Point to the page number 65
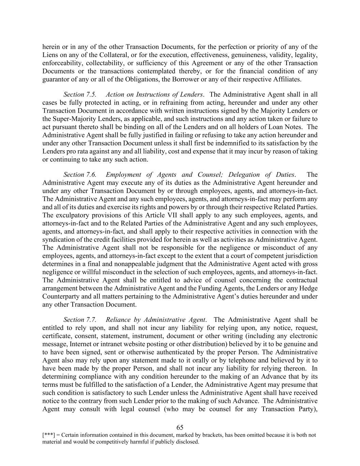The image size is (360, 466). [x=180, y=427]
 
